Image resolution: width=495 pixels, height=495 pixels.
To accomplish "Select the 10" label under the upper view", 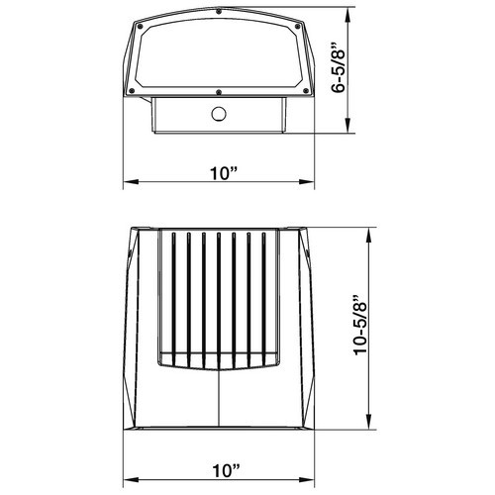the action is click(x=225, y=173).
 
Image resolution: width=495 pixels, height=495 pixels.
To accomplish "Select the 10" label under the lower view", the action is click(x=226, y=470).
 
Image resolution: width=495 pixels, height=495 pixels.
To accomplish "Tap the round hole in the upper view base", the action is click(x=219, y=114).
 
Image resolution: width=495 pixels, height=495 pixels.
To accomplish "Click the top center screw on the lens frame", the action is click(x=219, y=12).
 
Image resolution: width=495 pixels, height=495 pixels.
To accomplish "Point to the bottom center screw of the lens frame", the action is click(x=218, y=92).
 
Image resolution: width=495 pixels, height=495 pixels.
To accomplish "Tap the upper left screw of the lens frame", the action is click(x=140, y=26).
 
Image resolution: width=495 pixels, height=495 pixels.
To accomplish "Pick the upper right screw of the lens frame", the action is click(x=298, y=26).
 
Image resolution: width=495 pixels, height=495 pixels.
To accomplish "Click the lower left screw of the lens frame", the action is click(x=132, y=91).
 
